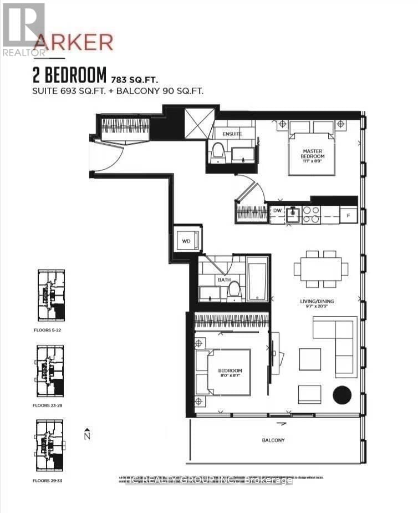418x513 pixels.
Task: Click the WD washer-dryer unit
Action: tap(186, 241)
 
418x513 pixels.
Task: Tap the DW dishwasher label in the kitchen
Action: tap(277, 211)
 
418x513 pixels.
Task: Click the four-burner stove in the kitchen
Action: tap(311, 214)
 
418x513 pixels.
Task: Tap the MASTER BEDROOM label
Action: tap(313, 154)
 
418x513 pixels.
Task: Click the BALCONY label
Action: tap(273, 440)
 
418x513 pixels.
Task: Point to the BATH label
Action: tap(224, 280)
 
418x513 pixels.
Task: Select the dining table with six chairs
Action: tap(321, 269)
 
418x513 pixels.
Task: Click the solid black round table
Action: tap(342, 395)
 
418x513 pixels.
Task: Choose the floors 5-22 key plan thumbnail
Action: tap(50, 294)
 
